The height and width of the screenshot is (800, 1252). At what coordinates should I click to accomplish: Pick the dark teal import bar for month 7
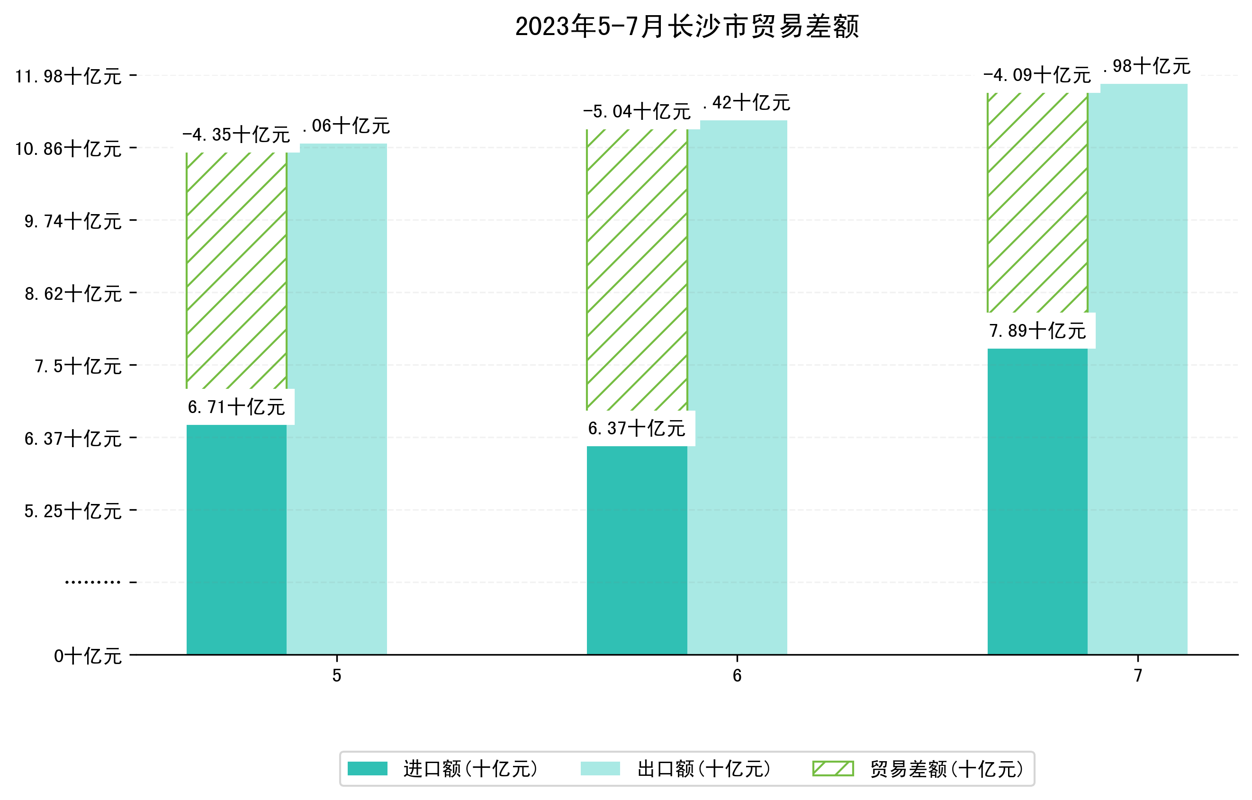(1037, 501)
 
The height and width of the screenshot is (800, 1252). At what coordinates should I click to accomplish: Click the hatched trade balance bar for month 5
(236, 270)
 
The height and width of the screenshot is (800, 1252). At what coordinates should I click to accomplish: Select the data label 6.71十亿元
(236, 407)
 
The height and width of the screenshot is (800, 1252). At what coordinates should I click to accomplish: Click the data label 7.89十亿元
(1037, 331)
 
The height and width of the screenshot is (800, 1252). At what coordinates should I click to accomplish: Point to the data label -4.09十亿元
(1037, 75)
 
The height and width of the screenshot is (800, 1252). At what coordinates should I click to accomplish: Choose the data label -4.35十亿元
(236, 135)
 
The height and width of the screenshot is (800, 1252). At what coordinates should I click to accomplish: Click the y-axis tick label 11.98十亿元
(68, 76)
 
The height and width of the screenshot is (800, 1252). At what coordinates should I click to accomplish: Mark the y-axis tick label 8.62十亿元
(73, 294)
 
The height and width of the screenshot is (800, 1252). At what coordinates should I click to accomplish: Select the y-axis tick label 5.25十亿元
(73, 511)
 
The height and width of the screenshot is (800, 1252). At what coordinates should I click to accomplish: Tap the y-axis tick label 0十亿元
(87, 656)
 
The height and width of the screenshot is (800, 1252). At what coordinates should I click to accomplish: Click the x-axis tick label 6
(737, 676)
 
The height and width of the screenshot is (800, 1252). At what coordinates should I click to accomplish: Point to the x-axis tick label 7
(1138, 676)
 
